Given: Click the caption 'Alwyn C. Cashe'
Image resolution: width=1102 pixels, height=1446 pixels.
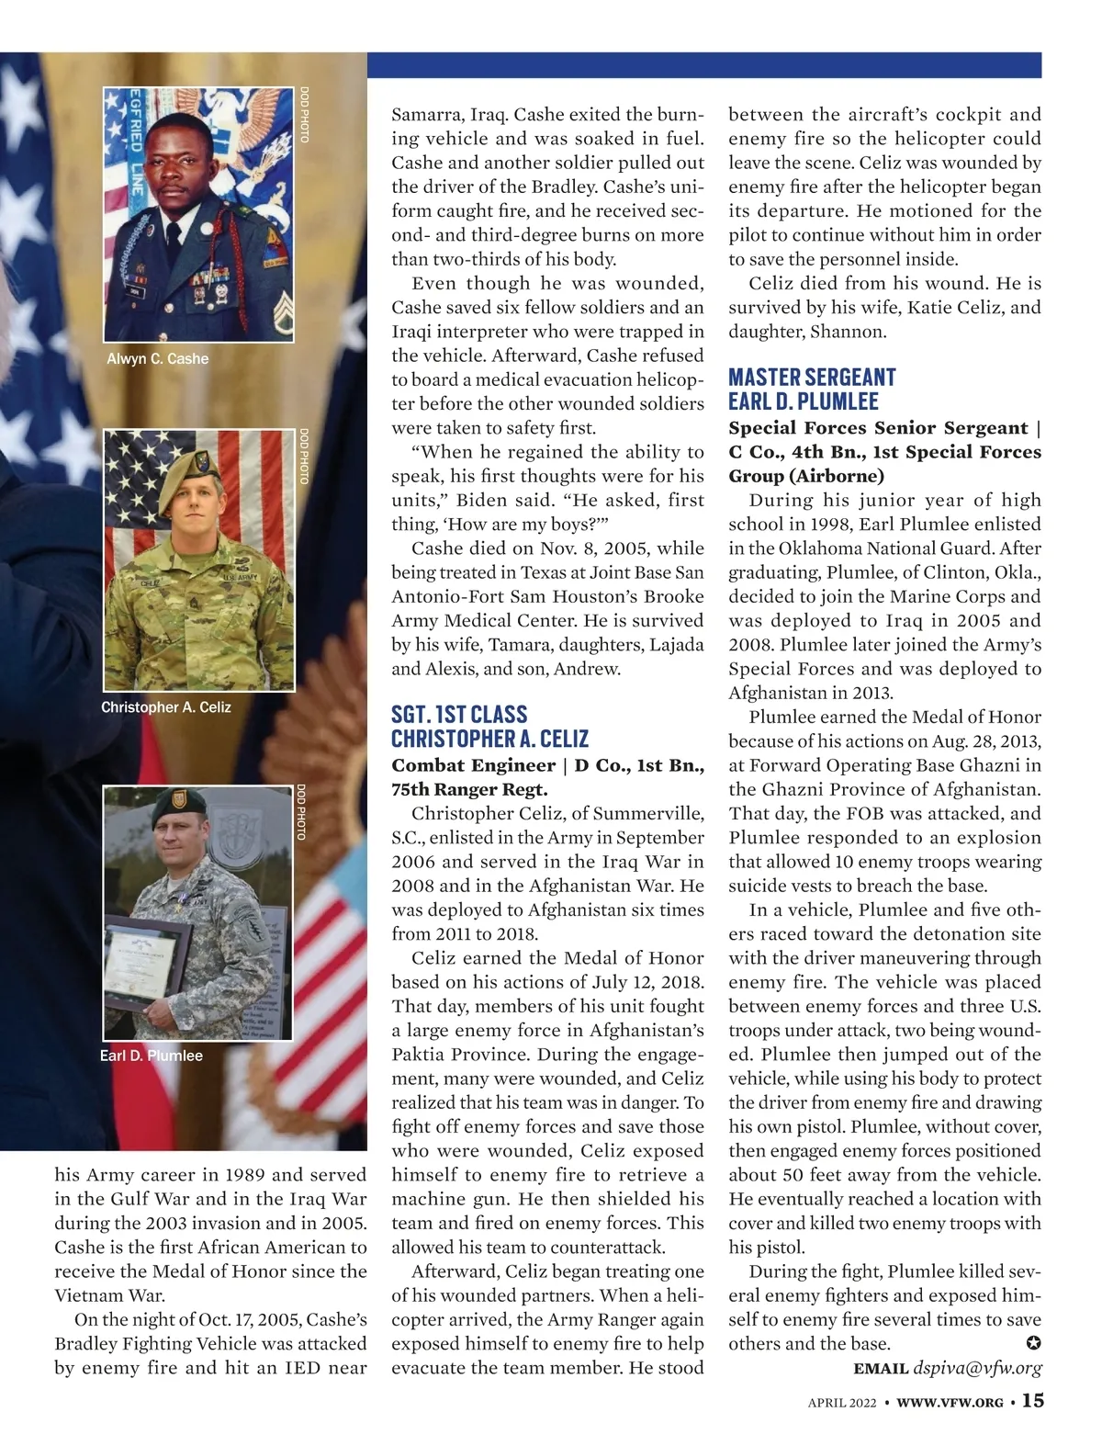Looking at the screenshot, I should click(x=157, y=358).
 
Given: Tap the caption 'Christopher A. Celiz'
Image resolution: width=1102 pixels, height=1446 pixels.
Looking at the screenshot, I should click(x=165, y=706).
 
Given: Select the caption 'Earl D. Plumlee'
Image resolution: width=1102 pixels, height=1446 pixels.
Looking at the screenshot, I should click(x=151, y=1056).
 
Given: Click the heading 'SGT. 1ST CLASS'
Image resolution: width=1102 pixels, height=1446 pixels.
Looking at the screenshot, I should click(x=458, y=715).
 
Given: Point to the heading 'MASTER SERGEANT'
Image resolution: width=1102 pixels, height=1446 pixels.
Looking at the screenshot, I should click(x=812, y=377).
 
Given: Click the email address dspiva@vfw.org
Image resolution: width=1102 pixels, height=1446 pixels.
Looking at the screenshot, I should click(x=977, y=1368).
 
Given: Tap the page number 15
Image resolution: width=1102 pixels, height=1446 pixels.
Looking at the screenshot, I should click(x=1032, y=1401).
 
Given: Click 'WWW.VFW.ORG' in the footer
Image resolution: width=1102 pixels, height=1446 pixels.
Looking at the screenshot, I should click(x=949, y=1403).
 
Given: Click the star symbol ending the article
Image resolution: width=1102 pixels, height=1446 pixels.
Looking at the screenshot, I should click(x=1032, y=1344).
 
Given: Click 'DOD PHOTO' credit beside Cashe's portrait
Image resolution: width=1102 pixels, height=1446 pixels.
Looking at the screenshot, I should click(x=304, y=115).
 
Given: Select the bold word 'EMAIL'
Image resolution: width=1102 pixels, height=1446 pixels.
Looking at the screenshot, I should click(x=881, y=1369).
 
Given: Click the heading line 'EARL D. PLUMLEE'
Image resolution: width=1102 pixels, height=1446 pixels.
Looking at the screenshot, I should click(x=803, y=401).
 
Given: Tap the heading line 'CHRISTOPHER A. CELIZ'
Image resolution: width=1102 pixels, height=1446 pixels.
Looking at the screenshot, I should click(x=489, y=739).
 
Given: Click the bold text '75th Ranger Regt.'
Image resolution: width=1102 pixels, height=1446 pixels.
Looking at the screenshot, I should click(x=469, y=789).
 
